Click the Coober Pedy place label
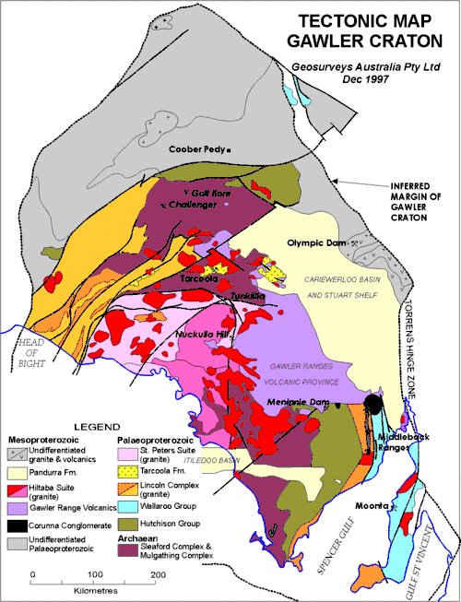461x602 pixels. (x=197, y=148)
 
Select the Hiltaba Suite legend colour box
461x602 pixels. (x=18, y=490)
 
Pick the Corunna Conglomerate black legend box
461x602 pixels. (x=18, y=524)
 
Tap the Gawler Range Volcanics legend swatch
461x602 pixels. (x=18, y=507)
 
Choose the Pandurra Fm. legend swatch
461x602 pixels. (x=18, y=472)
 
